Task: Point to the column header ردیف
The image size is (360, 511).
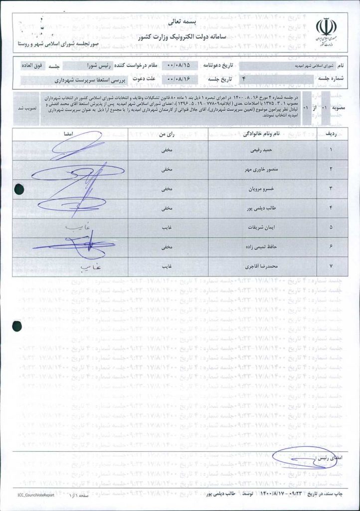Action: (331, 134)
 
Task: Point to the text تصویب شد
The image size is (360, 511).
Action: (25, 108)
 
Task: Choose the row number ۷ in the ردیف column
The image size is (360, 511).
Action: (331, 266)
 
